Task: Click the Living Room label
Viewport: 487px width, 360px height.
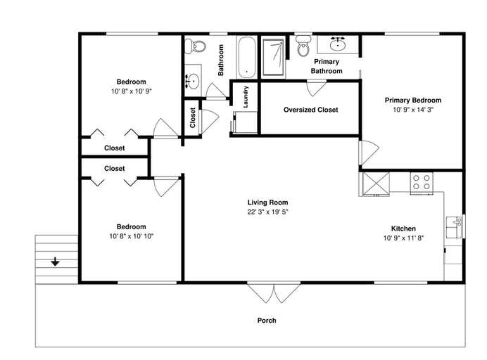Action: pos(267,202)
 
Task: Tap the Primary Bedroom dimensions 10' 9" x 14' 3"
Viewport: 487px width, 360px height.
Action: pos(413,110)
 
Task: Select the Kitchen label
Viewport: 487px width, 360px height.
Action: pos(403,229)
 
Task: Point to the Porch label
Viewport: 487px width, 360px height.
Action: pos(267,321)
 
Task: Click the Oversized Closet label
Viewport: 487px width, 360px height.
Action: pos(311,110)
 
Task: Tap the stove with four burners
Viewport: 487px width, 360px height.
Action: pos(422,183)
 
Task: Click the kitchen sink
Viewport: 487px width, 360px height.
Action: pos(455,227)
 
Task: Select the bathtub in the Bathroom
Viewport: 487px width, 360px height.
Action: pos(246,58)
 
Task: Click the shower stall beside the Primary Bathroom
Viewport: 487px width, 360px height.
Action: pos(273,58)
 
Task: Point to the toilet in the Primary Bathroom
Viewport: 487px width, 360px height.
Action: pos(303,46)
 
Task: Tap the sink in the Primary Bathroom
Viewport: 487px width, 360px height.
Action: pos(338,44)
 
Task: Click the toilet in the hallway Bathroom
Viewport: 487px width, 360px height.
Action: pos(196,46)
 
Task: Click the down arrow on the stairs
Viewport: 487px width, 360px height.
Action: pos(56,262)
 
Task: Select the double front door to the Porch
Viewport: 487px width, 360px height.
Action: pos(274,292)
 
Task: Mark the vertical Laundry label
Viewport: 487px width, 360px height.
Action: pos(246,97)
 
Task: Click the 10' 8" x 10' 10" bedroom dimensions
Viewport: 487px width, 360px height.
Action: pos(132,236)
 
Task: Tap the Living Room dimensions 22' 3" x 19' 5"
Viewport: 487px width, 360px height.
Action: pos(267,212)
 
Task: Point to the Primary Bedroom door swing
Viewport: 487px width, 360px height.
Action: pos(369,153)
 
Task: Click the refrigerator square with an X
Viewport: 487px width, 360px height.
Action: pos(376,184)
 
